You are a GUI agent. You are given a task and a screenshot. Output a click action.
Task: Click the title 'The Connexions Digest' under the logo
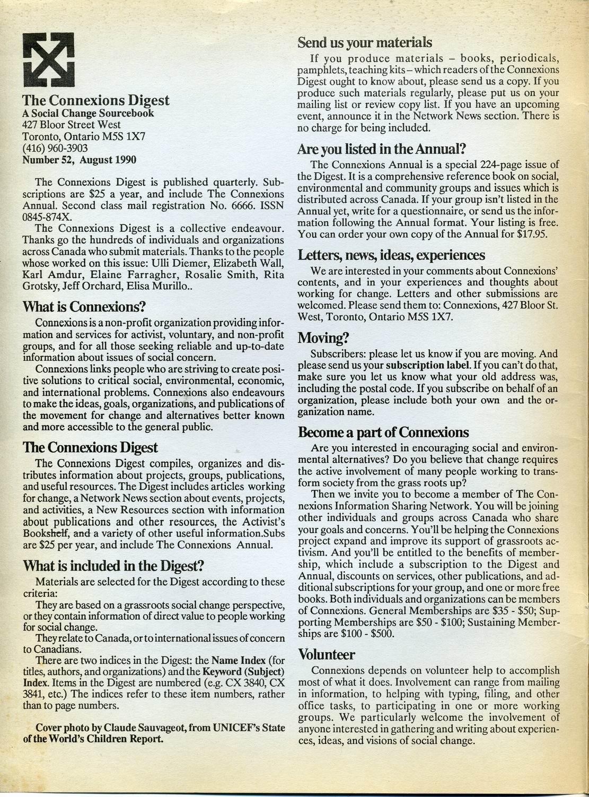pos(96,100)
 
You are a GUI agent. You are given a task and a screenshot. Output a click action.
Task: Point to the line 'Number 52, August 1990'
pos(79,160)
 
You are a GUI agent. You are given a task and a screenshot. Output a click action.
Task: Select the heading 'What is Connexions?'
pos(84,307)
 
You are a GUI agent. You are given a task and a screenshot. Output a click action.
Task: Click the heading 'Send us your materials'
pos(365,42)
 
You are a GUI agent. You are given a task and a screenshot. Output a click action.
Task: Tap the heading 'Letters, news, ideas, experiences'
pos(391,255)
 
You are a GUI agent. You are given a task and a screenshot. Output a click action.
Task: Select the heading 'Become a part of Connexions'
pos(383,431)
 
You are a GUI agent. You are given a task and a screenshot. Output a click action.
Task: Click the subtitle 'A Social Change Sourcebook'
pos(88,113)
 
